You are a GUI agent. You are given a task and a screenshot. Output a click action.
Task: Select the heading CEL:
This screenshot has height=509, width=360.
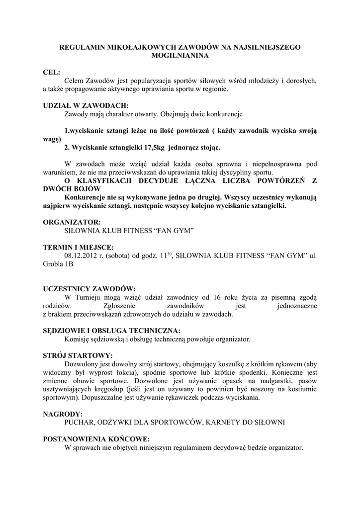click(52, 73)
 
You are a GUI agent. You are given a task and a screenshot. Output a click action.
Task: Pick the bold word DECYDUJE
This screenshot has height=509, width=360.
click(164, 180)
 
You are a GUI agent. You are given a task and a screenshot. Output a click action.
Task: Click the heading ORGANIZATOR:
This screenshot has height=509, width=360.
click(72, 222)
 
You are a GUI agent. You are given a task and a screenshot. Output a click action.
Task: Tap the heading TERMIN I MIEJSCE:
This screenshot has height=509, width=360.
click(78, 247)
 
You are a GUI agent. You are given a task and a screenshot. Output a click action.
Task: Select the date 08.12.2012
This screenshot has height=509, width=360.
click(81, 255)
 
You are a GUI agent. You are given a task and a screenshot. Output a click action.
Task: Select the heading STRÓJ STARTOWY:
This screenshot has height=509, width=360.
click(78, 355)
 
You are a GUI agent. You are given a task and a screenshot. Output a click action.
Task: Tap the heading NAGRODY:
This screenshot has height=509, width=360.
click(63, 414)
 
